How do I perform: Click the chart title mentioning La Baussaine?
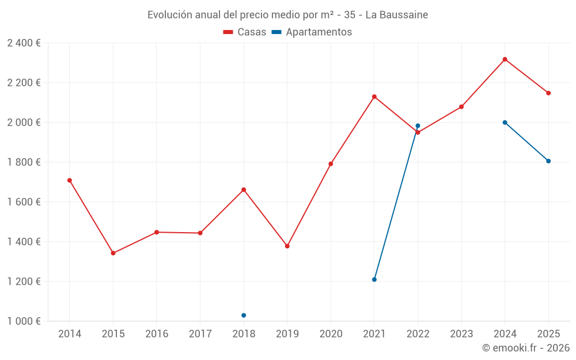coord(287,15)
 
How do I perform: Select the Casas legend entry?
coord(245,32)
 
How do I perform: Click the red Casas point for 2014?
coord(70,180)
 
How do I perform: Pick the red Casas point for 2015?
coord(113,253)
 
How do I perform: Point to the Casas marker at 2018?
coord(244,190)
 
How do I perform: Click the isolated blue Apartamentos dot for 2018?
coord(244,315)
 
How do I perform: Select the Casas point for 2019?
coord(287,246)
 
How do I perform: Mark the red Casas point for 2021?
coord(374,97)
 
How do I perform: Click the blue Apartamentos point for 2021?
coord(374,279)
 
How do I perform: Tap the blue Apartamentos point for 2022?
coord(418,126)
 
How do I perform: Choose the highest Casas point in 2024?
coord(505,59)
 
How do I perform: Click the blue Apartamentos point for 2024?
coord(505,122)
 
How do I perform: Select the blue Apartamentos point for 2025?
coord(548,161)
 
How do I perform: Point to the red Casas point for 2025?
coord(548,93)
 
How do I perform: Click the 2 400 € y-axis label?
coord(24,43)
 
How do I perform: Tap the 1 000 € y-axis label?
coord(24,321)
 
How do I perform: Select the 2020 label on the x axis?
coord(331,334)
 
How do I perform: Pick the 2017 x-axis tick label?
coord(200,334)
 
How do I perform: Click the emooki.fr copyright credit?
coord(525,348)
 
